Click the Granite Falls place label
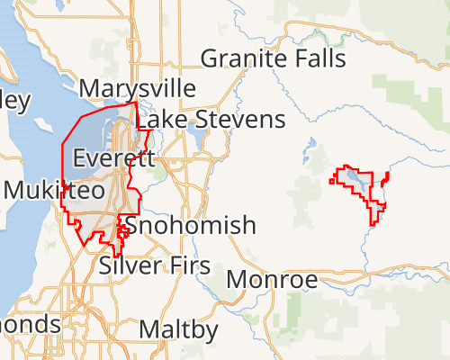(273, 59)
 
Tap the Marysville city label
(137, 88)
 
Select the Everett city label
(113, 158)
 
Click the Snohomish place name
(190, 225)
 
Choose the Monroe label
(272, 280)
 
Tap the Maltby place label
(178, 330)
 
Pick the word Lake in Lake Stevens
(162, 120)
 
